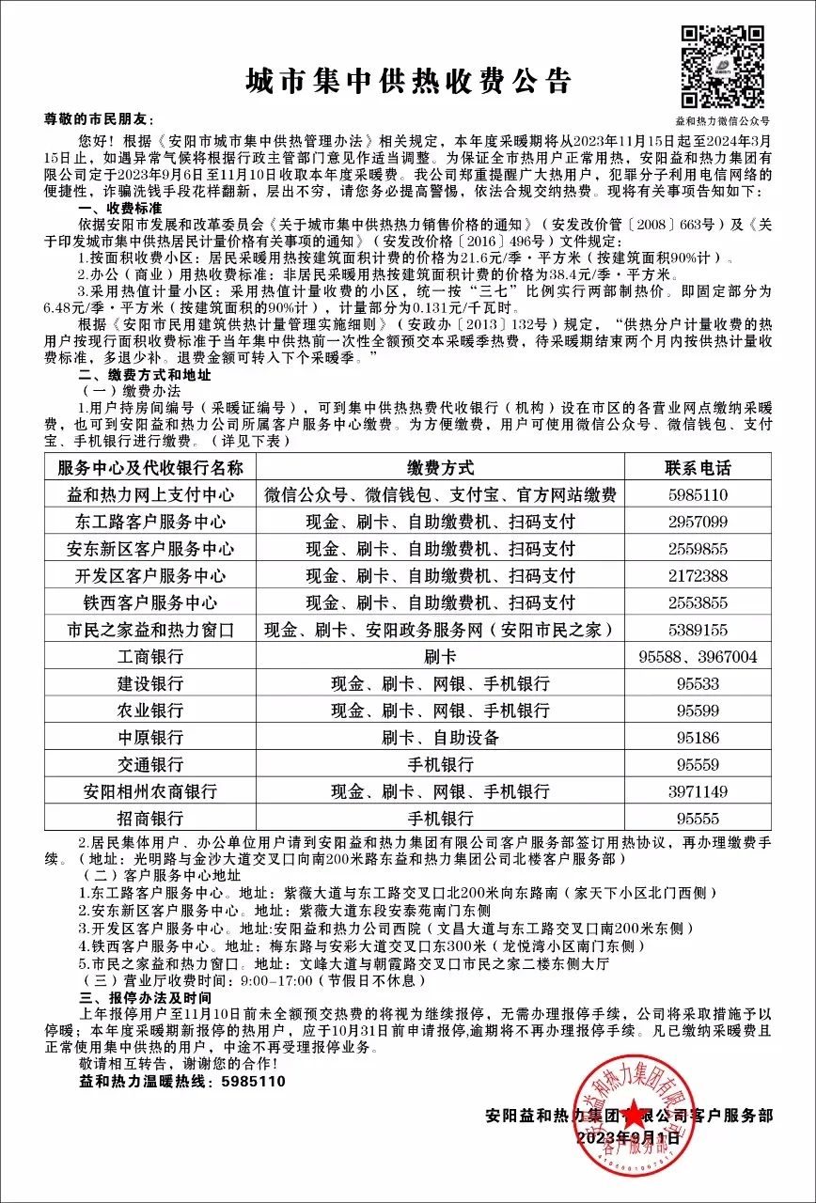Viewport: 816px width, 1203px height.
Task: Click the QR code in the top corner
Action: click(723, 67)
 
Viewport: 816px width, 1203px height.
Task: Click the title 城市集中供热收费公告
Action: click(408, 82)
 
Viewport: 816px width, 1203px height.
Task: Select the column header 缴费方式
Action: click(440, 467)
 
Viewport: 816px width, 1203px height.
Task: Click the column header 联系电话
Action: click(697, 467)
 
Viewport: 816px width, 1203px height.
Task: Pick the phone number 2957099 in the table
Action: click(697, 522)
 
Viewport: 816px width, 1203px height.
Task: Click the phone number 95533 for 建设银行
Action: click(697, 684)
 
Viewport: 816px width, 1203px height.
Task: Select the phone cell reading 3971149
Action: click(697, 792)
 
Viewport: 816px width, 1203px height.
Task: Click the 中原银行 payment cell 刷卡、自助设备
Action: click(440, 738)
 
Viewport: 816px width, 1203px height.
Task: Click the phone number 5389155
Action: click(697, 630)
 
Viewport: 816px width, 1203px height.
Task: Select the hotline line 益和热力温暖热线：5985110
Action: click(182, 1082)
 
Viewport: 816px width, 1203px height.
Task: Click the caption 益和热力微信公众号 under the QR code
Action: click(723, 121)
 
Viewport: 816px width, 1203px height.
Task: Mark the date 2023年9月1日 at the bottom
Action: click(628, 1137)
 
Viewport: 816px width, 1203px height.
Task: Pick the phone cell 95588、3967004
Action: click(697, 657)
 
